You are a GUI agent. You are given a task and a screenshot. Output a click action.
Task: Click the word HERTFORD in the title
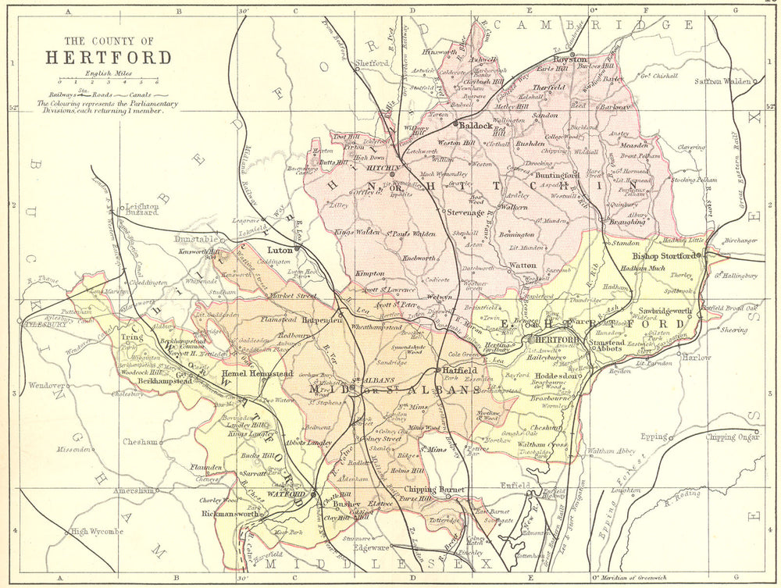(x=109, y=58)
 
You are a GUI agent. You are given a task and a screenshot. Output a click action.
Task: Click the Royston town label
(x=570, y=59)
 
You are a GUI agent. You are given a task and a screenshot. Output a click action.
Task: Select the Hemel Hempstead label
(x=254, y=374)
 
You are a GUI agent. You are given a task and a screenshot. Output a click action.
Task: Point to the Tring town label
(x=130, y=339)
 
